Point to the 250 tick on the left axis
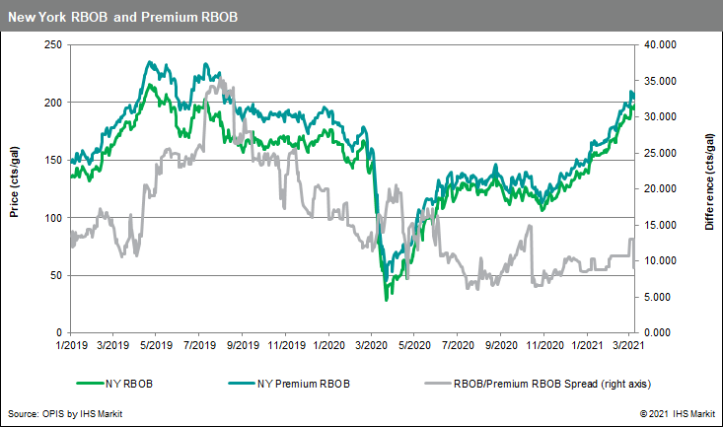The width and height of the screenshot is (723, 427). pos(51,44)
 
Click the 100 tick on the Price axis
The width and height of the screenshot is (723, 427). pos(51,217)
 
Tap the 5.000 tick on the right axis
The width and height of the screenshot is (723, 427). pos(660,297)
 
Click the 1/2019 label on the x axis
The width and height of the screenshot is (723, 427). pos(72,346)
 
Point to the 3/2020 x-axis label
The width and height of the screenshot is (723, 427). pos(371,346)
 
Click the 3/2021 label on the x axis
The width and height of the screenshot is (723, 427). pos(628,346)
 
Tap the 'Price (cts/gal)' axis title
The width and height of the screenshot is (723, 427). pos(14,188)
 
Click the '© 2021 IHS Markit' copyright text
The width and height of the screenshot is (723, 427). pos(676,414)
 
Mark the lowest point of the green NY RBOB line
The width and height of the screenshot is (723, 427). pos(387,299)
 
